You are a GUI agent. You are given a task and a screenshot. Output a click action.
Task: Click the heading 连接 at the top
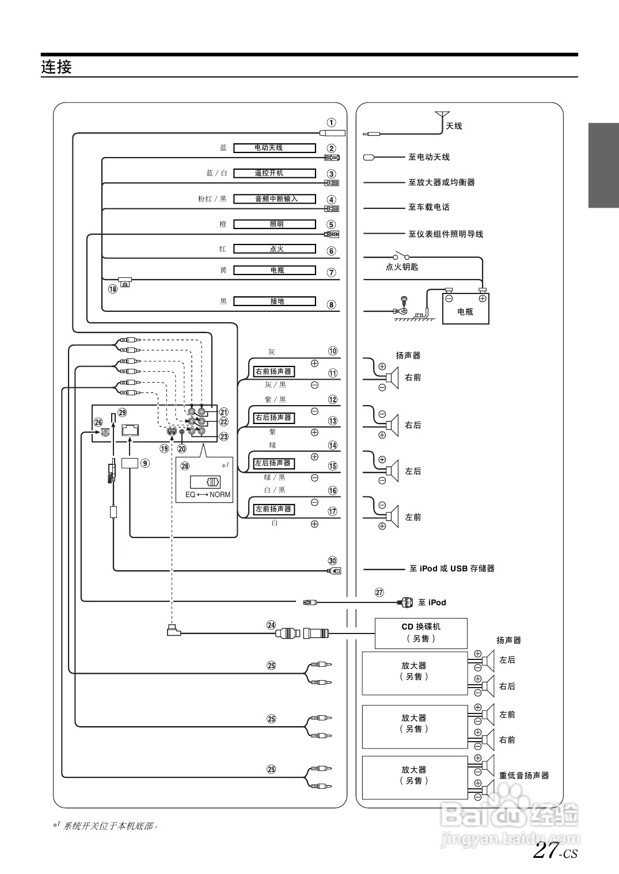56,67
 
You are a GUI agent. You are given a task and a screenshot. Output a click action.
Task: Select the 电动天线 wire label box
274,148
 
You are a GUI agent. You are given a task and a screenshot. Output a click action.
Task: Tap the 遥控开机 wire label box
274,173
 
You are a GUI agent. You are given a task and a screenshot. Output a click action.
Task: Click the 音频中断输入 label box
274,199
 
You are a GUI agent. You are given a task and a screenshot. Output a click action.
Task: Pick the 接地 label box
274,301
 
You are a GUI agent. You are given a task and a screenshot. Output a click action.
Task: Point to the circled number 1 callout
332,123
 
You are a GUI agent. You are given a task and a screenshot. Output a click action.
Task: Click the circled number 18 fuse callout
112,289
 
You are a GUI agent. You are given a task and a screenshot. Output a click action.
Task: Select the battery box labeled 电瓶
465,308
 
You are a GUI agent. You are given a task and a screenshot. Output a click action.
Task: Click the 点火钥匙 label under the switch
402,267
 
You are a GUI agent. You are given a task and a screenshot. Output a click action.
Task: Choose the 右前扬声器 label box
274,372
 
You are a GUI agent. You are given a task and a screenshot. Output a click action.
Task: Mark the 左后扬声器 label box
274,463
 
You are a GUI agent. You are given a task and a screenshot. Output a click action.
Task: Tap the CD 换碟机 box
421,633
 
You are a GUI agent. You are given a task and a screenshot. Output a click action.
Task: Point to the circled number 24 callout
271,624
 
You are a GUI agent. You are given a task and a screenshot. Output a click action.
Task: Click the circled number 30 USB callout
332,561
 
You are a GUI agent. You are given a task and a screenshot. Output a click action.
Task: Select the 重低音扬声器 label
524,776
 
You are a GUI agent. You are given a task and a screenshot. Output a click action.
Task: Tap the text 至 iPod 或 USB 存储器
452,568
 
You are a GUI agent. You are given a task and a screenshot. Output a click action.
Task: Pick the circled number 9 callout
145,463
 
